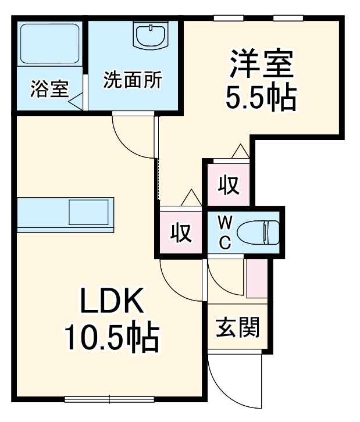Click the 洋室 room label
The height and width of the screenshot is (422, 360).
tap(261, 65)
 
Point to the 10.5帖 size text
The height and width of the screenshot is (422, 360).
tap(111, 338)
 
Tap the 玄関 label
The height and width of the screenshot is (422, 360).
tap(237, 329)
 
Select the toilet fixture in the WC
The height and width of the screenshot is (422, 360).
tap(262, 232)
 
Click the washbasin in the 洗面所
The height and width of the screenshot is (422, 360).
tap(151, 36)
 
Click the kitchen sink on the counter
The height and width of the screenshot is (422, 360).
tap(88, 213)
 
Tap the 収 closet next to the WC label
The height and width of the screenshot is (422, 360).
tap(181, 233)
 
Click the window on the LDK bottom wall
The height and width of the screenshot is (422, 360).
tap(109, 399)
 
